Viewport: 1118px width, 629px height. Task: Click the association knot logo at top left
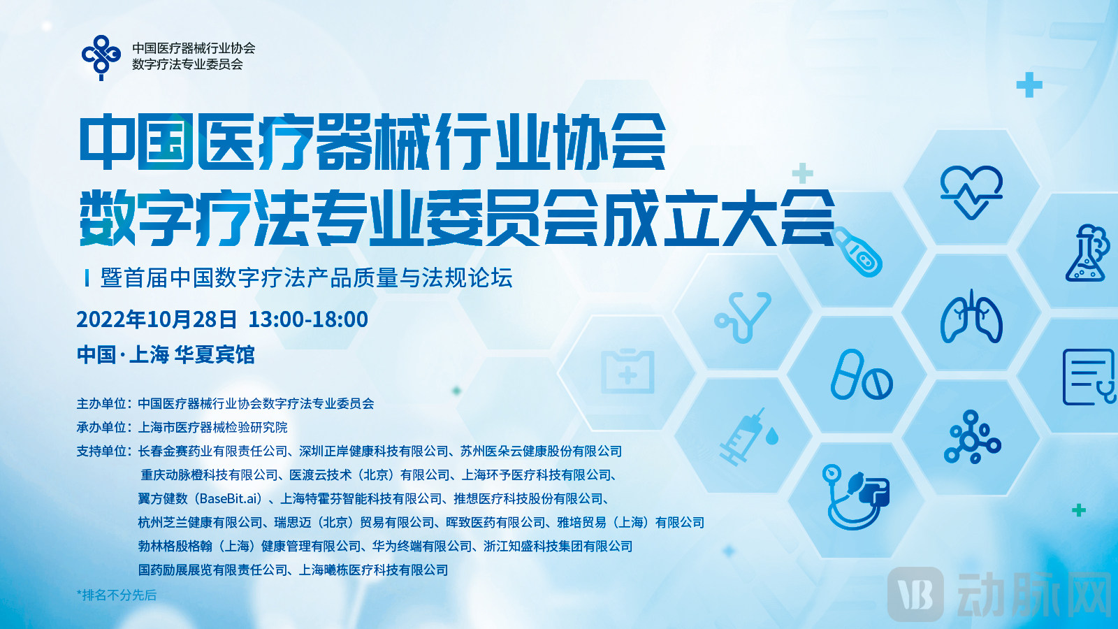point(101,57)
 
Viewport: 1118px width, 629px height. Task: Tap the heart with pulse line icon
point(971,192)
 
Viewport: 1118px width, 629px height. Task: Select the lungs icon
point(971,317)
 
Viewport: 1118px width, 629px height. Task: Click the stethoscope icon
point(743,317)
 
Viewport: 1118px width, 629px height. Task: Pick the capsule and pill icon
point(862,375)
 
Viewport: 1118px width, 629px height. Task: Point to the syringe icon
point(748,437)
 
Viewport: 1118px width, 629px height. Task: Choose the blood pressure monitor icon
point(856,497)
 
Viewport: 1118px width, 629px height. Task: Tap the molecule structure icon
point(972,438)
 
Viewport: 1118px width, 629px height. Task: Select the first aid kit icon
point(627,371)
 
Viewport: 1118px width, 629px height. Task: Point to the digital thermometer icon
point(857,252)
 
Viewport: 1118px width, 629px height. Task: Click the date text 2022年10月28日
point(157,319)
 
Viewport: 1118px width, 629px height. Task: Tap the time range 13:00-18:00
point(308,319)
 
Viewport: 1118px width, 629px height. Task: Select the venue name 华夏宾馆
point(215,355)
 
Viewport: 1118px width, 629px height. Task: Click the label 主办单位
point(101,403)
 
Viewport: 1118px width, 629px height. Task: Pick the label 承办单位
point(101,427)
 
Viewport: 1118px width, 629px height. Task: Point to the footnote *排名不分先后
point(116,595)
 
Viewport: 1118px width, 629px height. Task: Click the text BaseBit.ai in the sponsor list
point(231,498)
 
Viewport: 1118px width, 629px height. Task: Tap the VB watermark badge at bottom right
point(916,594)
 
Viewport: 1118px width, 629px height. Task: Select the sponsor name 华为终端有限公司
point(422,546)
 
